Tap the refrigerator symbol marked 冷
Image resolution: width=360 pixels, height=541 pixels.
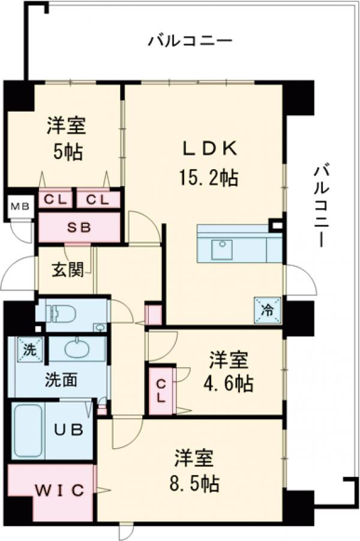tap(268, 310)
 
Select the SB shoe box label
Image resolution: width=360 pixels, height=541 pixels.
tap(79, 228)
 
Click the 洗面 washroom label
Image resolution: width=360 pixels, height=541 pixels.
tap(60, 380)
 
